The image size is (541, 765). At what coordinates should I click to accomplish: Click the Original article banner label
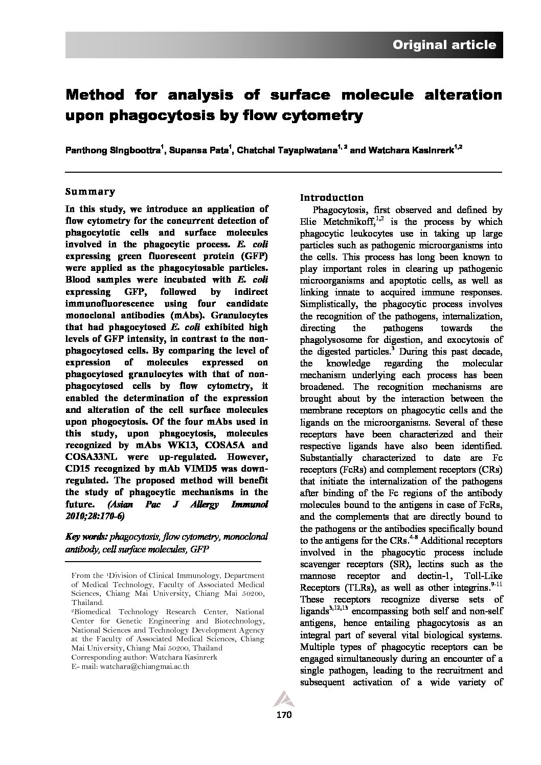(444, 45)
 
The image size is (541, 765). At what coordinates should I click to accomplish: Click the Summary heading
(90, 192)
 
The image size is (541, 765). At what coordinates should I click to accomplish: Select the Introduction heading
(331, 198)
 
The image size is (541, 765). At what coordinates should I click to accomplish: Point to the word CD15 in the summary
(77, 469)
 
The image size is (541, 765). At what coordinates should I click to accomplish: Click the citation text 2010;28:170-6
(94, 516)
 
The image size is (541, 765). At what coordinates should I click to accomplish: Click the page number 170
(283, 715)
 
